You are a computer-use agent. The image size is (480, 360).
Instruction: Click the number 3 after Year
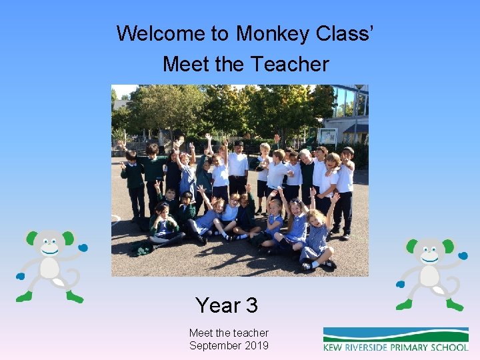[251, 305]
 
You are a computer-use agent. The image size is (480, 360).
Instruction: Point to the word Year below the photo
[217, 305]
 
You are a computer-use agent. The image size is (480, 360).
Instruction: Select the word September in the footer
[213, 345]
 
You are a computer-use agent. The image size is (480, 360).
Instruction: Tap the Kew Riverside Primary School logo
[395, 339]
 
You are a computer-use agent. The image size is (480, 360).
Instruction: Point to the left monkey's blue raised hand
[83, 247]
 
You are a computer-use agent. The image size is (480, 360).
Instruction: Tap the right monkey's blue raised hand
[464, 255]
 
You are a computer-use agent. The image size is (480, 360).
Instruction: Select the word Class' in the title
[350, 33]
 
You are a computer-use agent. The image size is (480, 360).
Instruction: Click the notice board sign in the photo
[327, 136]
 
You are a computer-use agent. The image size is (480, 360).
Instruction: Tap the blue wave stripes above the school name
[395, 333]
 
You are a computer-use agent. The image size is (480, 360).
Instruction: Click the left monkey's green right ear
[67, 237]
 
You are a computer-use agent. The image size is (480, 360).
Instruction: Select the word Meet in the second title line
[180, 64]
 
